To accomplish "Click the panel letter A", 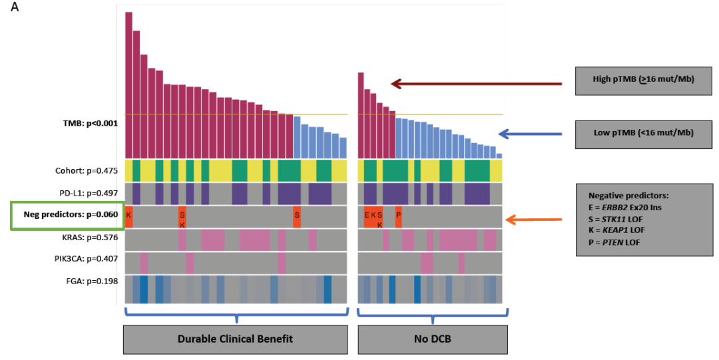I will tap(15, 11).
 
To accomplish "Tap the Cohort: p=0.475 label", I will tap(87, 170).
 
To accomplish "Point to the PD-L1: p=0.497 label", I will tap(87, 193).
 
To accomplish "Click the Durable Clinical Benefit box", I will tap(235, 339).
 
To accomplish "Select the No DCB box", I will tap(433, 339).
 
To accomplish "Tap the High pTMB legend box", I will tap(643, 79).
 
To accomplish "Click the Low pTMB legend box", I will tap(643, 132).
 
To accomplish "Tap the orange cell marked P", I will tap(398, 216).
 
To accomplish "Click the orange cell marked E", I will tap(367, 216).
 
